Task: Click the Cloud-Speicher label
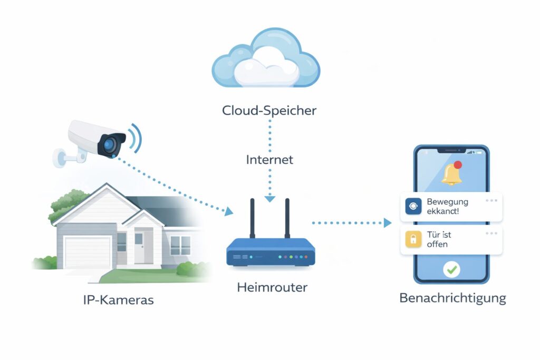tap(269, 111)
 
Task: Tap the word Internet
tap(269, 159)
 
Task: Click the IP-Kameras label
tap(118, 300)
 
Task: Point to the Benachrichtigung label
tap(452, 298)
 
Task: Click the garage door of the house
tap(87, 251)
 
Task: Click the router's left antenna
tap(252, 218)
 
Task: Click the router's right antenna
tap(287, 218)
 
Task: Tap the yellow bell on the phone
tap(451, 174)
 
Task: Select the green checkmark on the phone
tap(451, 270)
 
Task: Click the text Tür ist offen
tap(439, 239)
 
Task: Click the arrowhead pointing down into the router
tap(269, 199)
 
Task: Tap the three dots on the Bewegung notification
tap(491, 201)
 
